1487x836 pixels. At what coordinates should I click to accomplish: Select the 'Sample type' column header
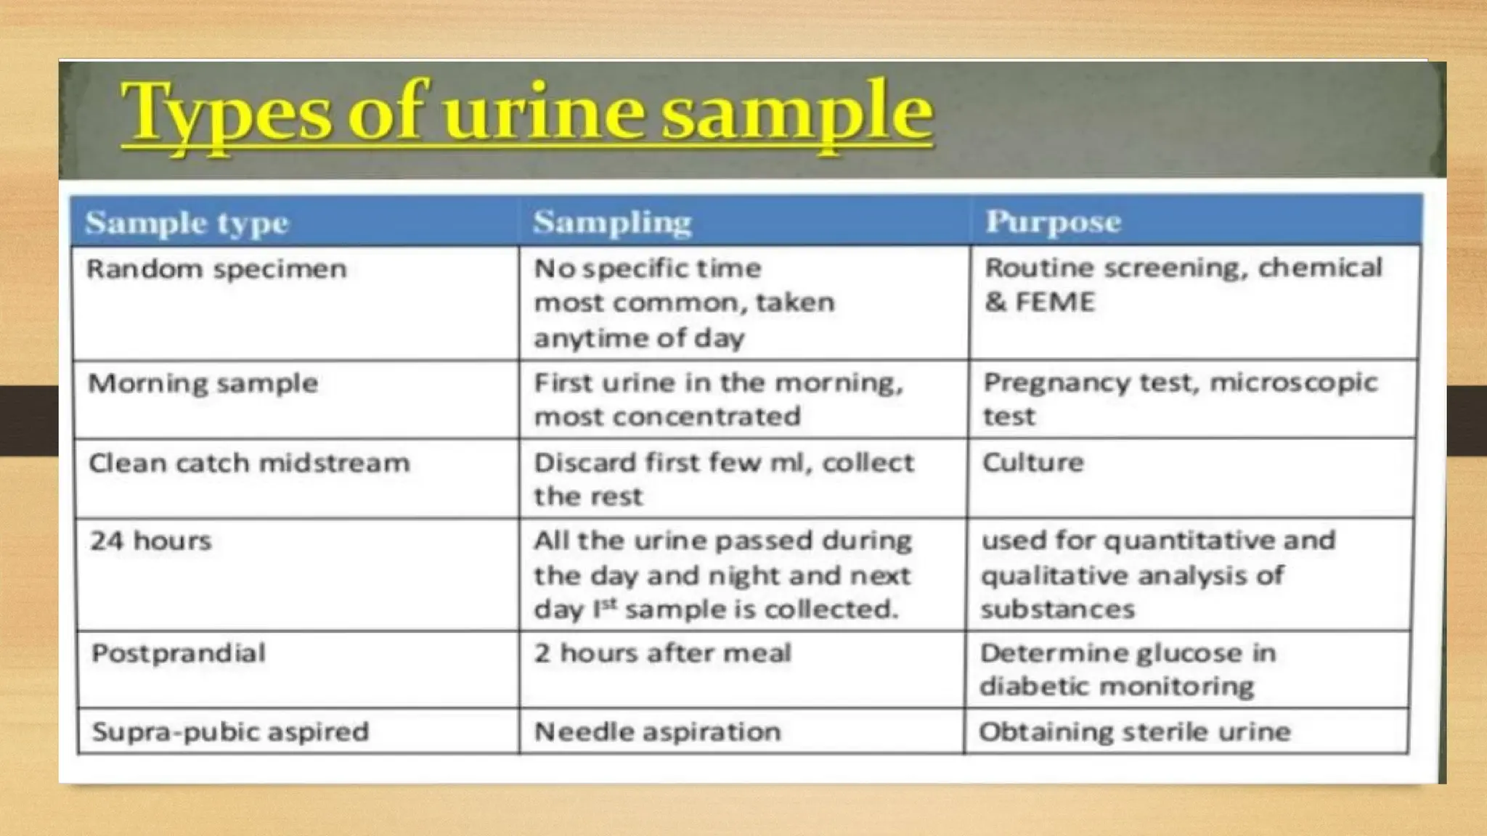point(187,223)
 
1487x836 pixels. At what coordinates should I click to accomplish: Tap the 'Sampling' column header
point(612,222)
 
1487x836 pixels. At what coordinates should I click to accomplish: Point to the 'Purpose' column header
point(1053,221)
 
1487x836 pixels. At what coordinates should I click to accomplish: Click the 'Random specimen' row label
point(216,269)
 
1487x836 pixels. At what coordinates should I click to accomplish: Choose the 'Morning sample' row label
point(203,383)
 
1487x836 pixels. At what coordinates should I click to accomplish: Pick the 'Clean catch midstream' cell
point(249,463)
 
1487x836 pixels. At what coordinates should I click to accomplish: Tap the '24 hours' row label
point(150,541)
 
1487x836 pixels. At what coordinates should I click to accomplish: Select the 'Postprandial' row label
point(179,653)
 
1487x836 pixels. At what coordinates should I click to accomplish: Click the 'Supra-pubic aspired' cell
point(230,731)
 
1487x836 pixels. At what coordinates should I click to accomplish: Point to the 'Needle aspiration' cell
point(657,731)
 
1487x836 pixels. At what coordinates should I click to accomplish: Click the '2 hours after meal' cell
point(662,653)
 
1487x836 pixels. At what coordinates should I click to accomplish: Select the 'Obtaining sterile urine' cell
point(1134,731)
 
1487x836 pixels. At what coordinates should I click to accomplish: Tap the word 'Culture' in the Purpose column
point(1032,462)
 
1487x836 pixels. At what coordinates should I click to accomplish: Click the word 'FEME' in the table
point(1054,302)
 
